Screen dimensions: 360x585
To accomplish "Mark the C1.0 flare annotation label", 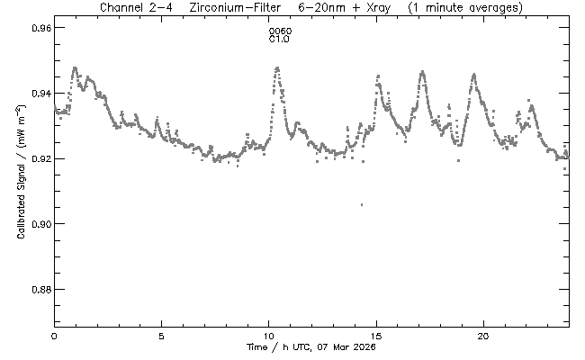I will coord(280,40).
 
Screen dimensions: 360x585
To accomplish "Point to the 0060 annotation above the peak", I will coord(280,32).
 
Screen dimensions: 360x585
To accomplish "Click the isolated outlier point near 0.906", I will coord(362,204).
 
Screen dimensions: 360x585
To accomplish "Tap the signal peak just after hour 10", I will coord(277,67).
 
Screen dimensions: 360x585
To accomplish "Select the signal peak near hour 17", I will coord(421,70).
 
